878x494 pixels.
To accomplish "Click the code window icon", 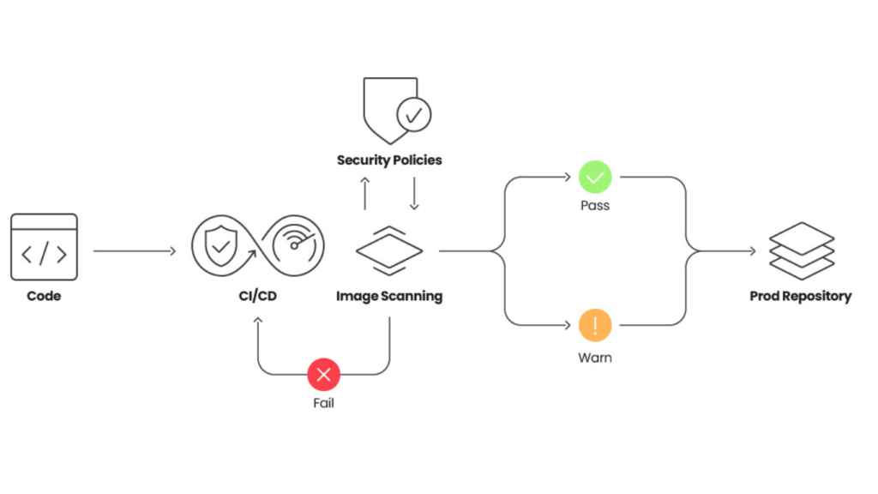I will coord(44,247).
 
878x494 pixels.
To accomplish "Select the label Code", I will coord(44,297).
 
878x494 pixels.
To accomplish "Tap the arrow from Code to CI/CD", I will coord(134,251).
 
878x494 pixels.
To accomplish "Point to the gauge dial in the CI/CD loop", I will coord(294,244).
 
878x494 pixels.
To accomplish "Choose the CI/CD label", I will coord(258,297).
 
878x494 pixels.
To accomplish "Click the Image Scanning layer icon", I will coord(389,250).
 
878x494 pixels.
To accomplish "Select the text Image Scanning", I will coord(389,297).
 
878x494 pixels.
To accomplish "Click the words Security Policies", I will coord(389,160).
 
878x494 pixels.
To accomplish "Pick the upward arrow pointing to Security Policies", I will coord(364,194).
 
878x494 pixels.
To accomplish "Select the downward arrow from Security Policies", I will coord(414,194).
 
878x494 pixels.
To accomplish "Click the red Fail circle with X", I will coord(324,374).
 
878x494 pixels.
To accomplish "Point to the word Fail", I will coord(324,402).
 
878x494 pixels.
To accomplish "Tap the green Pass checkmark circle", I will coord(595,178).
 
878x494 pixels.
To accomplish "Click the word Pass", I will coord(595,206).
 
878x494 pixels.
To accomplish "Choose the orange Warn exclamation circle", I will coord(595,326).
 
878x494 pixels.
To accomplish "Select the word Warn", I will coord(595,357).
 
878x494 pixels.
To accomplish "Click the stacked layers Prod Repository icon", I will coord(802,250).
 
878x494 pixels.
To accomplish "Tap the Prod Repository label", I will coord(801,297).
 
